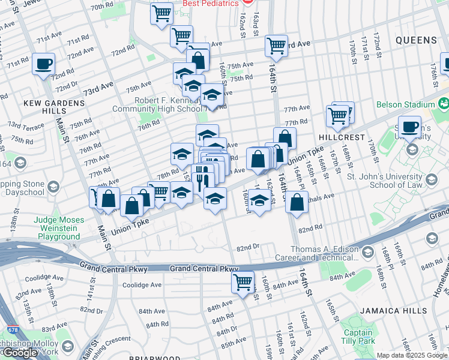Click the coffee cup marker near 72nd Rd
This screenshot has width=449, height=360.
pos(43,64)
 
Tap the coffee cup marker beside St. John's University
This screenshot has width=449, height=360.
pos(411,128)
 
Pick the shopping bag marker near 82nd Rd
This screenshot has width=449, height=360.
pos(297,202)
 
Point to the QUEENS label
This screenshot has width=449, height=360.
pos(416,40)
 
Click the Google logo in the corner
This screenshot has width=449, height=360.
pos(20,353)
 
